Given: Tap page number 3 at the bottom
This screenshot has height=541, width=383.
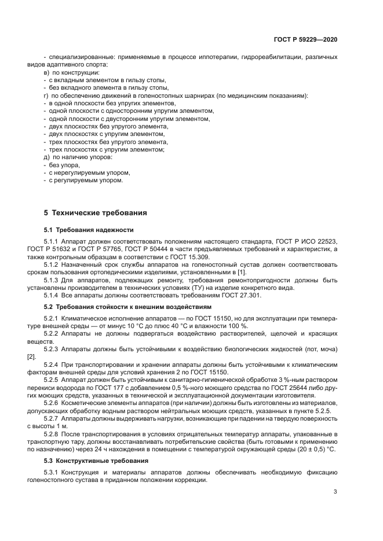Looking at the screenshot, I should pos(335,492).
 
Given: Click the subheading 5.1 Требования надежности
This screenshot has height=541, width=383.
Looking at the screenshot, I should pos(89,229).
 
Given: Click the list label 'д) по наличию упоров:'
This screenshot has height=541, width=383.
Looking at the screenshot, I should pos(77,157).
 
